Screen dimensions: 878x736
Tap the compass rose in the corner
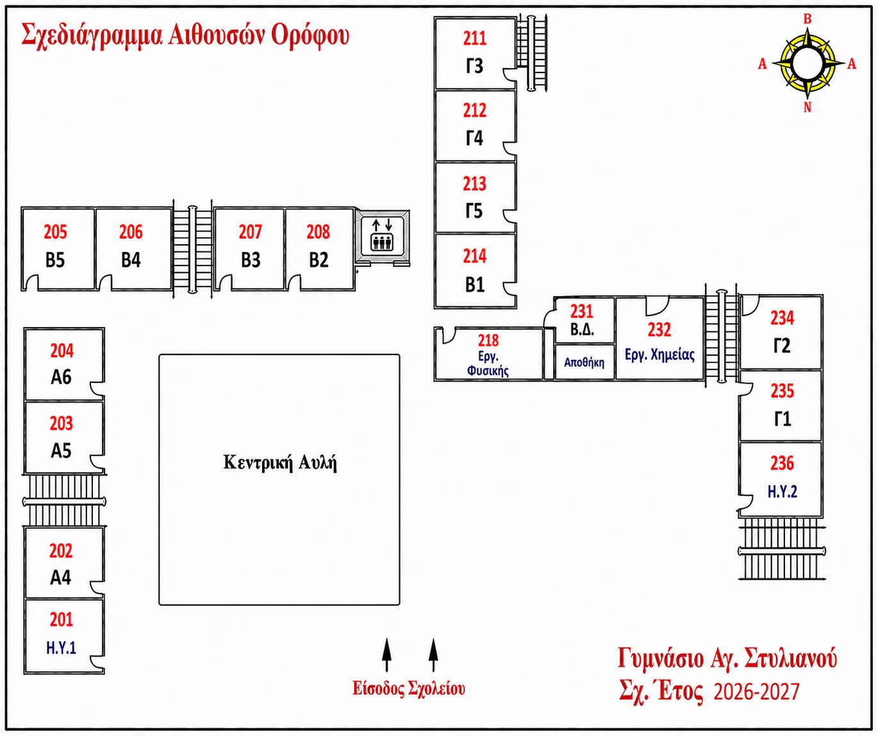coord(807,63)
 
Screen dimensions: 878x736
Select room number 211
coord(475,38)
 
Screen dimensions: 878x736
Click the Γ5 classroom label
coord(474,211)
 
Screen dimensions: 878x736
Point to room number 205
coord(56,231)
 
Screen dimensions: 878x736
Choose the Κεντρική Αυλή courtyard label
coord(280,463)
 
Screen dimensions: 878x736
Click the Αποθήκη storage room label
coord(584,362)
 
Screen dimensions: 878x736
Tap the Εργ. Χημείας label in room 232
coord(659,355)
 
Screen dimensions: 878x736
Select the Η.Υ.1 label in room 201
coord(62,648)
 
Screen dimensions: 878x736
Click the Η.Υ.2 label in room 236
coord(782,491)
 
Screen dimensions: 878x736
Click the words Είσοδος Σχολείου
coord(409,689)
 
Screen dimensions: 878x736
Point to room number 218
coord(488,340)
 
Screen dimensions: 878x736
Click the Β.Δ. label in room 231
coord(582,330)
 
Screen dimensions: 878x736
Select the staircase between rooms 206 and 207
coord(193,249)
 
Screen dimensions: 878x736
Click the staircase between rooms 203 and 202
coord(65,501)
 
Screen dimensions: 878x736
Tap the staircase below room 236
coord(782,550)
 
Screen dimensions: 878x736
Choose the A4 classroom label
coord(60,578)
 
